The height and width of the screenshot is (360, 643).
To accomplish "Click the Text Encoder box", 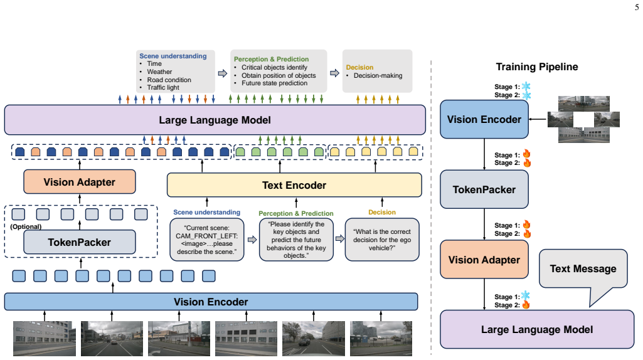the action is pyautogui.click(x=294, y=185).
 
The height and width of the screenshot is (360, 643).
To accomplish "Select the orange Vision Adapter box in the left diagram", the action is pyautogui.click(x=80, y=182).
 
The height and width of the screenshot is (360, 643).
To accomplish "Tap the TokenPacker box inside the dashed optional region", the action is pyautogui.click(x=80, y=242).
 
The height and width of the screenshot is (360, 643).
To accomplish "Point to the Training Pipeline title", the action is pyautogui.click(x=537, y=67).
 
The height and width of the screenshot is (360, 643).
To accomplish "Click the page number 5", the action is pyautogui.click(x=637, y=8).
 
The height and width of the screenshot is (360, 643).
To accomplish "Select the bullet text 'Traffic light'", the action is pyautogui.click(x=163, y=87).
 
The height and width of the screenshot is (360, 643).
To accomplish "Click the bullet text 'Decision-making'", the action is pyautogui.click(x=378, y=75).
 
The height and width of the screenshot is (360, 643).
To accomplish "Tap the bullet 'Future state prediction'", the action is pyautogui.click(x=274, y=83).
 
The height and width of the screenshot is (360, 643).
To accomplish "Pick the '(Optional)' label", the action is pyautogui.click(x=26, y=226).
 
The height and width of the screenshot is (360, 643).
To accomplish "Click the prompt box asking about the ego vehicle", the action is pyautogui.click(x=382, y=240).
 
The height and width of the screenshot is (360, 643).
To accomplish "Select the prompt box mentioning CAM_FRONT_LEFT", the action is pyautogui.click(x=207, y=240).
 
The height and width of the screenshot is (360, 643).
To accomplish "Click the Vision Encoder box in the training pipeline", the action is pyautogui.click(x=484, y=119).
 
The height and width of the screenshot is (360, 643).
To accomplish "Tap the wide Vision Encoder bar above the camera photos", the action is pyautogui.click(x=211, y=302).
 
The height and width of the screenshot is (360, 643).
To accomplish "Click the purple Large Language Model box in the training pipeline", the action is pyautogui.click(x=537, y=329).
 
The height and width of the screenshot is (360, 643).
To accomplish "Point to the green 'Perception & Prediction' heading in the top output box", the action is pyautogui.click(x=271, y=59).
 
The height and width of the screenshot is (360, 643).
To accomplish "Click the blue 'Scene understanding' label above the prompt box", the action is pyautogui.click(x=206, y=212).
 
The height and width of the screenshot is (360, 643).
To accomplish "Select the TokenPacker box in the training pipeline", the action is pyautogui.click(x=484, y=189).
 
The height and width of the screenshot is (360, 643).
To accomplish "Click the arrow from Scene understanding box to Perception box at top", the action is pyautogui.click(x=222, y=73).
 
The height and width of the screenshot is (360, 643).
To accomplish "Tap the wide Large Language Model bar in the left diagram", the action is pyautogui.click(x=215, y=120).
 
